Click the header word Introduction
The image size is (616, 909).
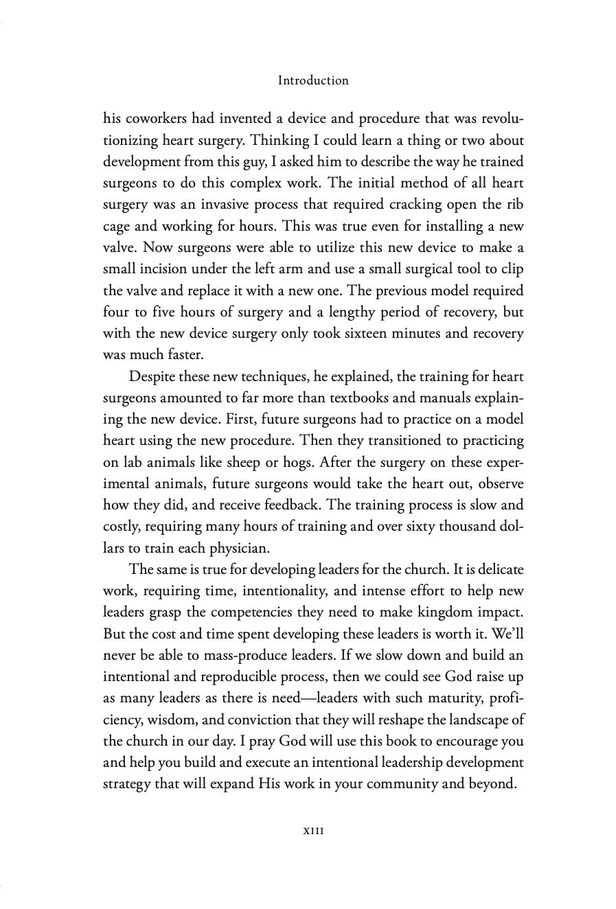click(313, 80)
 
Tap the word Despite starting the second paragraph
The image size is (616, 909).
click(149, 376)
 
